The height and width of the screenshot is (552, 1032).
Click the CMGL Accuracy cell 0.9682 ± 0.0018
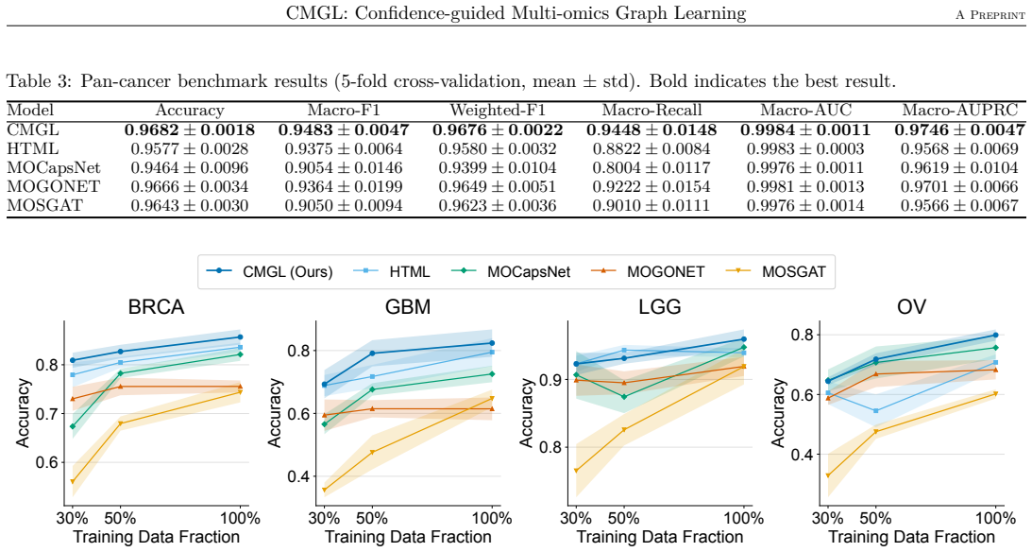click(x=190, y=129)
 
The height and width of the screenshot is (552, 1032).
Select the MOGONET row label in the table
click(x=44, y=186)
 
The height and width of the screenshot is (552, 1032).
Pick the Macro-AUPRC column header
click(x=959, y=110)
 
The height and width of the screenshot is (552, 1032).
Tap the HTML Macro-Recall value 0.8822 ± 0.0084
click(x=651, y=148)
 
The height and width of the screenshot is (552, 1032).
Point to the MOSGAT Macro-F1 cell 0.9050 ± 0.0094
click(x=344, y=205)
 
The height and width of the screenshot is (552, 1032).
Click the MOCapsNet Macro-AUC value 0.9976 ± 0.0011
click(x=805, y=168)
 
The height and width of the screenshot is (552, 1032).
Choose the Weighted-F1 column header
click(x=498, y=110)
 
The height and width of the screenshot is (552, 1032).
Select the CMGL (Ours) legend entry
click(x=270, y=271)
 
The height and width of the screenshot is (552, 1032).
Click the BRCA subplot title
click(x=156, y=307)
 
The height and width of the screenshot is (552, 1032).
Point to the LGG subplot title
click(x=660, y=307)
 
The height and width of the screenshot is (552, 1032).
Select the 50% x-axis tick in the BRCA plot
click(x=120, y=518)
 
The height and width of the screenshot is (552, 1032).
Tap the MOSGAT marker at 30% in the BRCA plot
click(x=73, y=481)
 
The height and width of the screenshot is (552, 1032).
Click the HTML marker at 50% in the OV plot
click(x=876, y=411)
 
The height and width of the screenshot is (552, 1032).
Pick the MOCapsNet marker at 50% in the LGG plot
click(x=624, y=397)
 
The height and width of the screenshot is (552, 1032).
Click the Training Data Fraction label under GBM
click(x=408, y=537)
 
